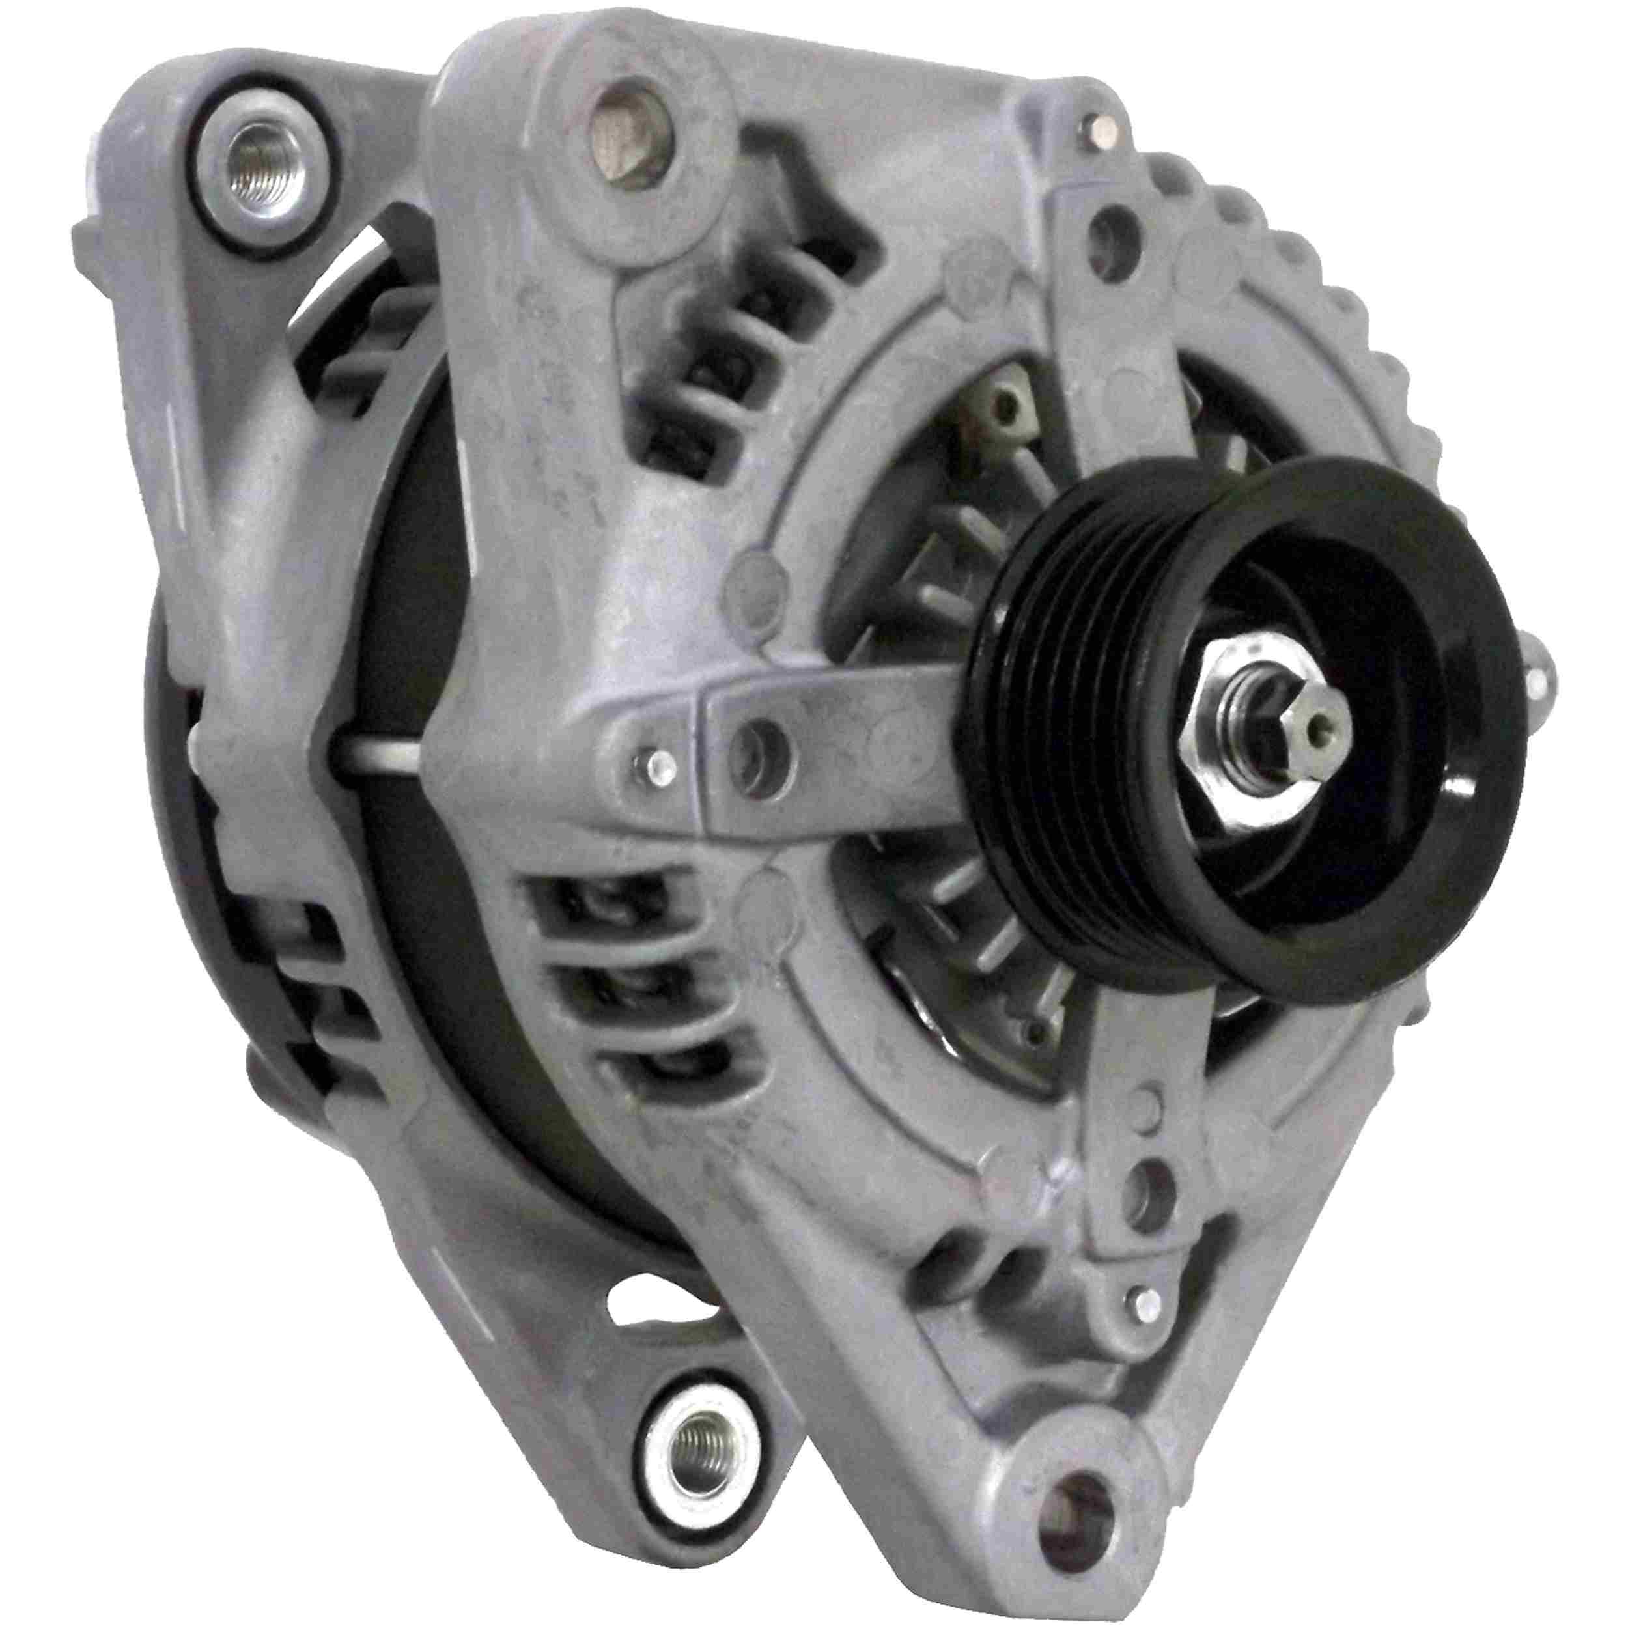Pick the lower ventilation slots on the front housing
pos(624,994)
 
